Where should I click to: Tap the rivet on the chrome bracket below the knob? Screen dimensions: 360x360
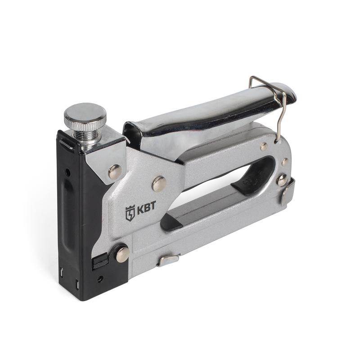pos(115,172)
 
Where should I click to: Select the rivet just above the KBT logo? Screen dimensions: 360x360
pos(159,184)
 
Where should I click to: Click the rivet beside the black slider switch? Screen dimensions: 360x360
pos(122,254)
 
